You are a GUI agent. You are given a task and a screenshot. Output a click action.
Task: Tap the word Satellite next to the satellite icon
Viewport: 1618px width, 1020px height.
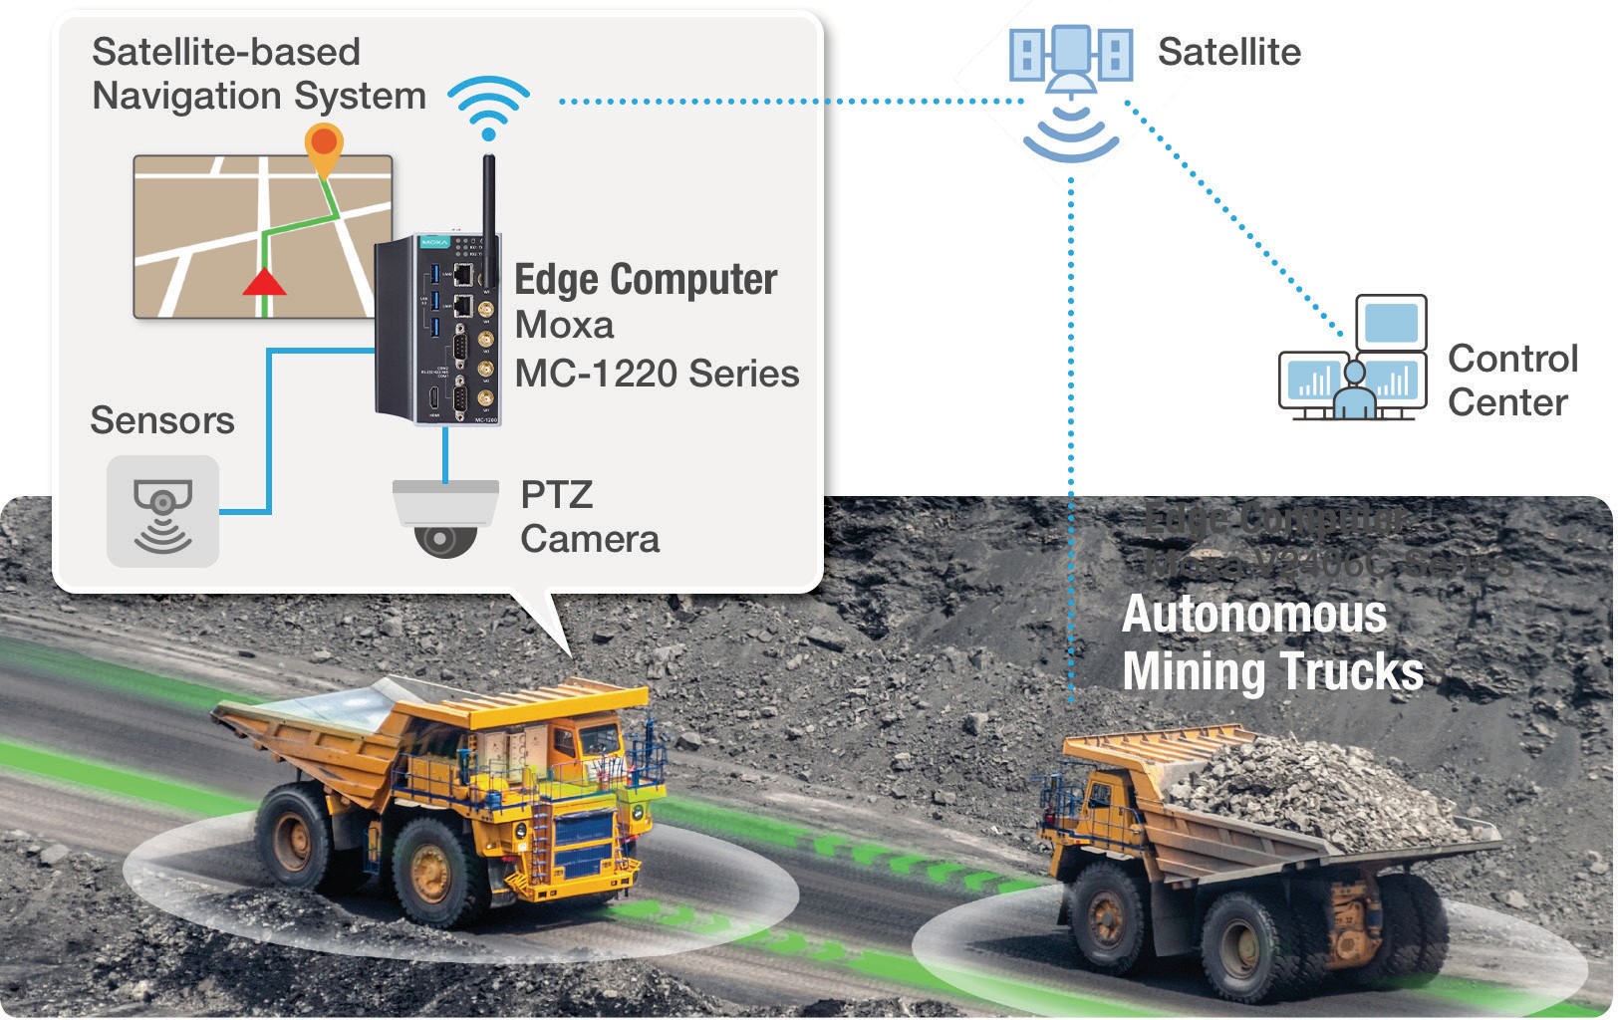1228,52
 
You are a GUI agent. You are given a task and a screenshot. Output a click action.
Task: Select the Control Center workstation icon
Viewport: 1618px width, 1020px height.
1353,359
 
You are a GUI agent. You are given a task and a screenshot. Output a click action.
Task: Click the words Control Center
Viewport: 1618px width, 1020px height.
1511,381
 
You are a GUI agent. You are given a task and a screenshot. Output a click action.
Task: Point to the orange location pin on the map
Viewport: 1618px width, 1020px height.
324,145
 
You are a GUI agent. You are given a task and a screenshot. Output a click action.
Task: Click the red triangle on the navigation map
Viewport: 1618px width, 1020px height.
264,282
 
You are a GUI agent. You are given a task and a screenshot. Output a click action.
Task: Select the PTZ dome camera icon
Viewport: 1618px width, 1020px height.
445,518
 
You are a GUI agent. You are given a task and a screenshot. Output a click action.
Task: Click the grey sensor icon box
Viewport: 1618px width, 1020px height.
162,511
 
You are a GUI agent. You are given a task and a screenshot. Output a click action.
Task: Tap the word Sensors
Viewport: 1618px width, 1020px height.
162,420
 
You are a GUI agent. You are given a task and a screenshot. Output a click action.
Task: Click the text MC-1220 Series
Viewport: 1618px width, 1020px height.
656,374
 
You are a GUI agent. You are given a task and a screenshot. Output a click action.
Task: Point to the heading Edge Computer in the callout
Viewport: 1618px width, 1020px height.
645,280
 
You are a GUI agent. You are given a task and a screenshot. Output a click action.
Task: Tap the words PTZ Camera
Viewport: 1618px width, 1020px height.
589,517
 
